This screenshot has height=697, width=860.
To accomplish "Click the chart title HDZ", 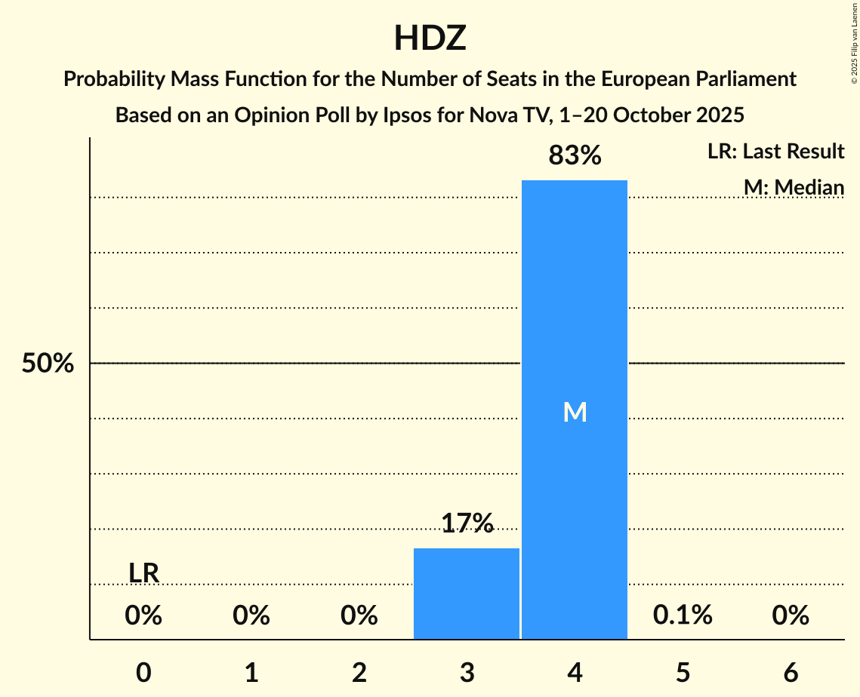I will pyautogui.click(x=430, y=38).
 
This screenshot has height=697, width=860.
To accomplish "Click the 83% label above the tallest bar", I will pyautogui.click(x=575, y=156).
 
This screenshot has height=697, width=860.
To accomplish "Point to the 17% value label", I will pyautogui.click(x=467, y=523).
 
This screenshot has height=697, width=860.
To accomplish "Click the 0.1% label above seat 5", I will pyautogui.click(x=683, y=616).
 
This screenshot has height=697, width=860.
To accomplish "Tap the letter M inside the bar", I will pyautogui.click(x=575, y=412).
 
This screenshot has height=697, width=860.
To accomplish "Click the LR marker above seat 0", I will pyautogui.click(x=143, y=573).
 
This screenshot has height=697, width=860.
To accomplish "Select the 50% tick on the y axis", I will pyautogui.click(x=48, y=364).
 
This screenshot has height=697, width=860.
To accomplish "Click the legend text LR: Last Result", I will pyautogui.click(x=775, y=152).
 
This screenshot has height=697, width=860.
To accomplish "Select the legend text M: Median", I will pyautogui.click(x=794, y=187).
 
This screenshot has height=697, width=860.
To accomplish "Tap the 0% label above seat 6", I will pyautogui.click(x=791, y=616).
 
